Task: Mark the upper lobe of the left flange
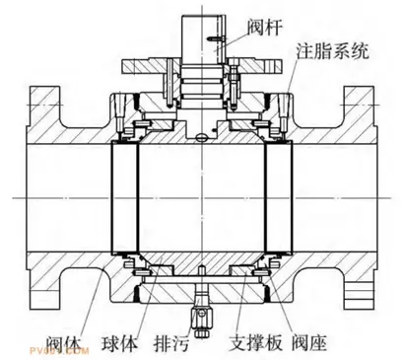point(45,108)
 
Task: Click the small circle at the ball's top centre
point(202,135)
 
